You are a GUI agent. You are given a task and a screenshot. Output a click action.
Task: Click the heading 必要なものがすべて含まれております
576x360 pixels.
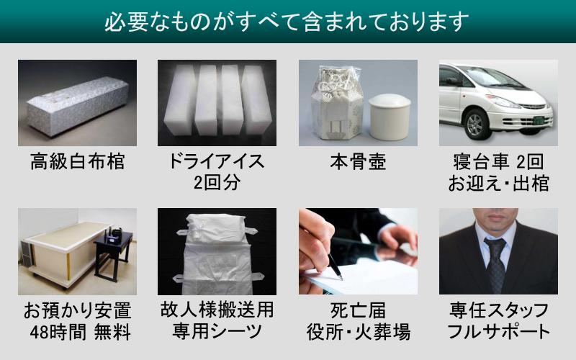tap(288, 22)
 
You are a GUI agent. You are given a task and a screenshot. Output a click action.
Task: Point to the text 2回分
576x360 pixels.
tap(217, 181)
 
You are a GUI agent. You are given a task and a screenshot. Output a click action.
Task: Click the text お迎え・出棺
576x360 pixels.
tap(498, 181)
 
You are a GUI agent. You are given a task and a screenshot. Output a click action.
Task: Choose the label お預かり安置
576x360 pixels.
tap(77, 311)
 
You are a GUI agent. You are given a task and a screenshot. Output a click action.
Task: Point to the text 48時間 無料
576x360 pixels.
tap(77, 332)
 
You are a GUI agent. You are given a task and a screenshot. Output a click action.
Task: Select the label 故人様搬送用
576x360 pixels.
tap(217, 311)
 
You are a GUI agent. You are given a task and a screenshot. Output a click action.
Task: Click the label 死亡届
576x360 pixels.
tap(358, 311)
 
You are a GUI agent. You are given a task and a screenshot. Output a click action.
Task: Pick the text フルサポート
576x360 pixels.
tap(498, 332)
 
